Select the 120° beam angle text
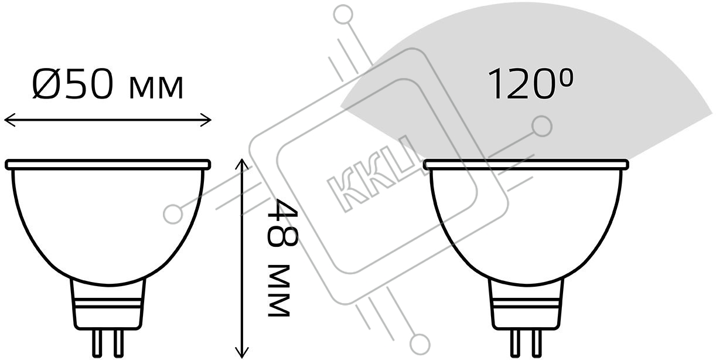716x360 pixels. [x=530, y=84]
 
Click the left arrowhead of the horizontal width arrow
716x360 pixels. [x=9, y=120]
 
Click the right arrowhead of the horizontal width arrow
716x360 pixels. [x=206, y=120]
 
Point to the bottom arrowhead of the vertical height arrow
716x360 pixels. [x=242, y=352]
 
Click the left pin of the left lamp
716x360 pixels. [x=97, y=344]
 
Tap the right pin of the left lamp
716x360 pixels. [x=118, y=344]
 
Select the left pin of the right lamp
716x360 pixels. [x=515, y=344]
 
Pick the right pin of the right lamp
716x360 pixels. [x=537, y=344]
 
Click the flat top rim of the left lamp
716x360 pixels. [x=108, y=165]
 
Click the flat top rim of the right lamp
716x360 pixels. [x=526, y=165]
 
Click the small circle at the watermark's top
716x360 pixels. [x=343, y=15]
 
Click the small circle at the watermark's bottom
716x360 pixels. [x=420, y=344]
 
